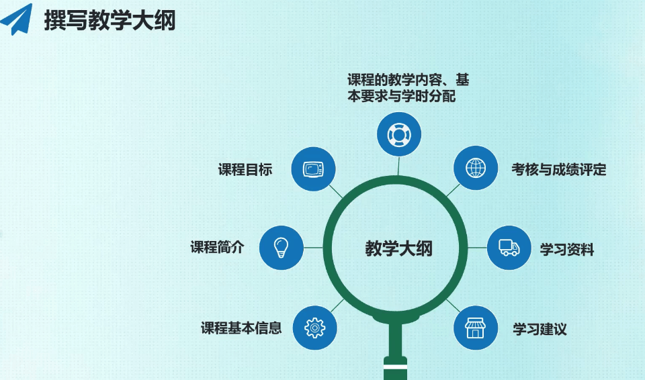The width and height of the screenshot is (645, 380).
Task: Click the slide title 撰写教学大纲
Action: pos(110,20)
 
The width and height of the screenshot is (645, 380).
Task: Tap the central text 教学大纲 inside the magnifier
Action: pos(398,249)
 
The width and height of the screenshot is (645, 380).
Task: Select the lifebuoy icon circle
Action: pos(398,134)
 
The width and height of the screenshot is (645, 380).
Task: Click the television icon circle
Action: pos(314,169)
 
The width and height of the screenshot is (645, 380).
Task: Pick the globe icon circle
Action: pos(476,168)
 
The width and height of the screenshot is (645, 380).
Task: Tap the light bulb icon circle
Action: pos(282,248)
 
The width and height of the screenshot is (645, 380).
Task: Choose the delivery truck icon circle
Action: pos(509,248)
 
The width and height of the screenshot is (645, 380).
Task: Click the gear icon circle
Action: pos(314,328)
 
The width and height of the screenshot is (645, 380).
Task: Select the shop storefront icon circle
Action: pos(476,328)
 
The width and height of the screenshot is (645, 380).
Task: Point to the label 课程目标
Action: pos(245,169)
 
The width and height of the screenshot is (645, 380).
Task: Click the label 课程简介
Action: pos(217,247)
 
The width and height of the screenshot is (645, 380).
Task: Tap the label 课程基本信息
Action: pos(241,328)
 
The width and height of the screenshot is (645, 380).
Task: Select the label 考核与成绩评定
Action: pos(559,169)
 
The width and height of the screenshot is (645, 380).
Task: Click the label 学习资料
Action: pos(567,250)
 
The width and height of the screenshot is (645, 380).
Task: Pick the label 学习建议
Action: pos(540,329)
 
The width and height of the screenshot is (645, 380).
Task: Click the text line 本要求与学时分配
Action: pos(402,96)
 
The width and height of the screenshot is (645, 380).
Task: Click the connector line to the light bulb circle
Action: pos(313,248)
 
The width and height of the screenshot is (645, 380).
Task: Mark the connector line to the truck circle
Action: pos(477,248)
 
